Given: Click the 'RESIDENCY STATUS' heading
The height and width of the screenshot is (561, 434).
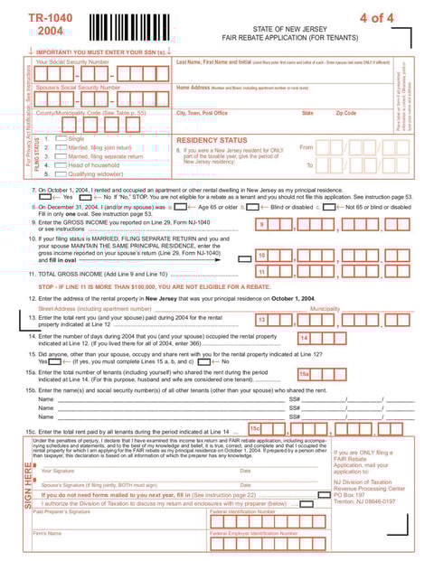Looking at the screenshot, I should [211, 141].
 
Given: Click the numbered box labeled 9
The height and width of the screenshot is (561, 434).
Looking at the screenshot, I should [262, 224].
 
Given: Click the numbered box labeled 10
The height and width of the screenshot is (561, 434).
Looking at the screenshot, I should [262, 256].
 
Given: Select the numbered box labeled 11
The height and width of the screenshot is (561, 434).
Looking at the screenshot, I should [262, 271].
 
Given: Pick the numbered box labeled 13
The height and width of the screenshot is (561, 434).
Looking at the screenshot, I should [262, 320].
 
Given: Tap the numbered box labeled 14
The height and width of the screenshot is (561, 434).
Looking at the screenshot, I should [305, 338].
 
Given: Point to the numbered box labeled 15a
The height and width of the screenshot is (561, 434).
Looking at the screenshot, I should [305, 373].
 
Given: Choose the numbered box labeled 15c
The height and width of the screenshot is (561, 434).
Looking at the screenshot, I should [255, 428].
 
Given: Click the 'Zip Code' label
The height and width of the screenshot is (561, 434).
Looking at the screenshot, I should [346, 113].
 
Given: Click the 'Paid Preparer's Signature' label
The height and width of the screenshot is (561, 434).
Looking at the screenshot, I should [62, 512].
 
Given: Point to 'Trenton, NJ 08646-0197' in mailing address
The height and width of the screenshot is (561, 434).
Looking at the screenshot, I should [364, 501].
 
